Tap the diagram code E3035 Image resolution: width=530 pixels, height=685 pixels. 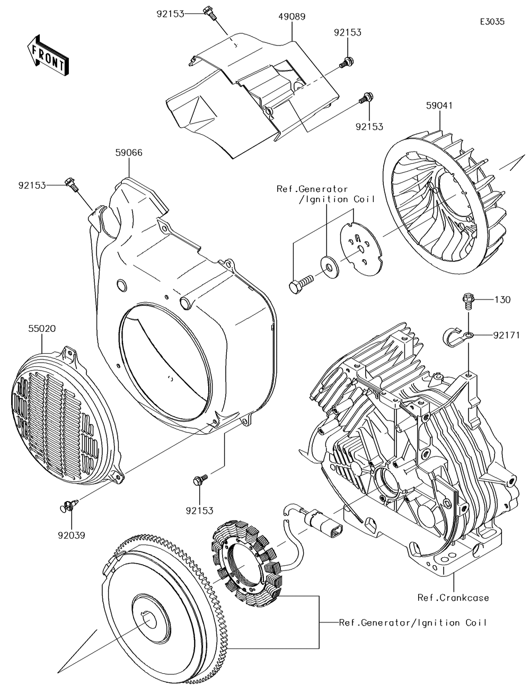coord(492,22)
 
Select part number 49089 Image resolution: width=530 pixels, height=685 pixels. coord(291,17)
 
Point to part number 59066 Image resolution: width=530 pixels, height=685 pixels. coord(129,153)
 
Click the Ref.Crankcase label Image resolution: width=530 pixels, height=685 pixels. coord(453,598)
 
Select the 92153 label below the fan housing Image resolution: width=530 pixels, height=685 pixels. coord(200,511)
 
